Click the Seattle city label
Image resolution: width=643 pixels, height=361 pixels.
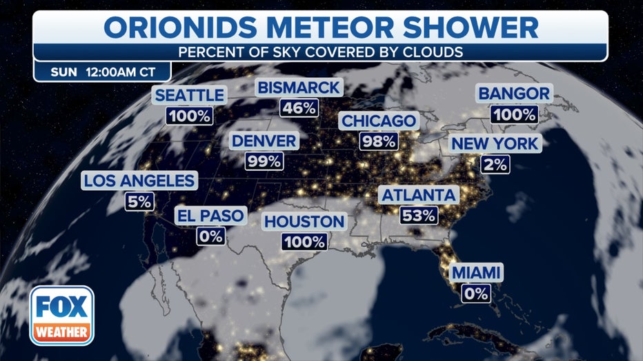[189, 95]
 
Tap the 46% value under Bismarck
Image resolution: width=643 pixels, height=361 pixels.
[299, 107]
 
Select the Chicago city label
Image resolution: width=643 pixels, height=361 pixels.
[379, 121]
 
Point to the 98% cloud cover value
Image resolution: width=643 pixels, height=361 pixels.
[379, 142]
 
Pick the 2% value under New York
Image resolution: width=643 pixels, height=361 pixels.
[495, 164]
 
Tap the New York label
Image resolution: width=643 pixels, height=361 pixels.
[495, 144]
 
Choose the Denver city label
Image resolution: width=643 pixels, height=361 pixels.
[264, 141]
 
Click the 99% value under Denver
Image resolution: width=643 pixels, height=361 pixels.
[264, 162]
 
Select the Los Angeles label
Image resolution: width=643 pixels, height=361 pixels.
[139, 181]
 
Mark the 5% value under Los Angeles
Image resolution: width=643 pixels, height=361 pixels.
[139, 202]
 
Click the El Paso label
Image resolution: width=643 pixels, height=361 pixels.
[210, 216]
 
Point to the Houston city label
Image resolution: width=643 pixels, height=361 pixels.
[304, 221]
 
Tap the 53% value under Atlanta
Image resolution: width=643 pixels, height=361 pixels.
[419, 215]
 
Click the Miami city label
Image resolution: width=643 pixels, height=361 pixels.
[476, 272]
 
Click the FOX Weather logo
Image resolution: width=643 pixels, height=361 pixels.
[61, 316]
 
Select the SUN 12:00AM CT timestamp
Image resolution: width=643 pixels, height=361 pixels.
[101, 72]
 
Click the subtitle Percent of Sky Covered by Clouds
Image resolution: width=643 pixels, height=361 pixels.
[321, 52]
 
